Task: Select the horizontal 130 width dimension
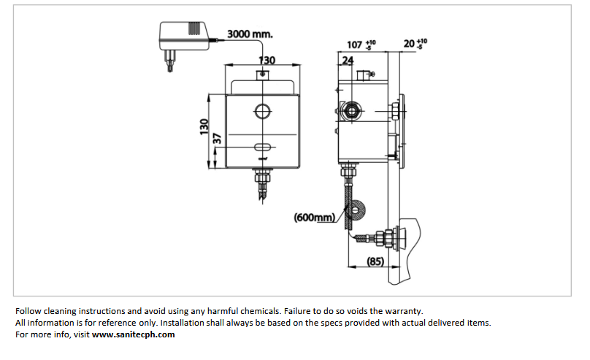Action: [x=267, y=60]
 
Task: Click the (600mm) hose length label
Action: [x=314, y=217]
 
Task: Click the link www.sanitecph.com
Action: [x=134, y=334]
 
